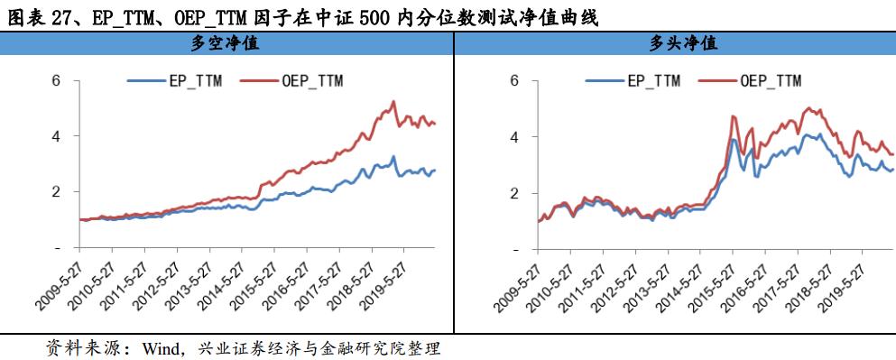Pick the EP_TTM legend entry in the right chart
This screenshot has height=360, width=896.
[x=634, y=80]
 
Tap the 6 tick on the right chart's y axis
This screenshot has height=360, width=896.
[x=514, y=80]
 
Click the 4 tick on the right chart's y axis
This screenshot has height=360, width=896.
[x=514, y=136]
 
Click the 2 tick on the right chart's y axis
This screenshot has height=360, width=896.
[x=514, y=192]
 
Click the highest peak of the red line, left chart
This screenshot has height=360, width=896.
[x=393, y=102]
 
